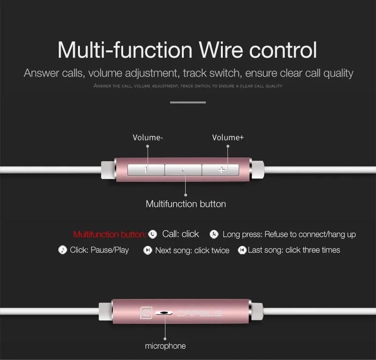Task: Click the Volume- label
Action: tap(148, 137)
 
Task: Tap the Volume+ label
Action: tap(228, 137)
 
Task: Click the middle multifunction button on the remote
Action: tap(183, 170)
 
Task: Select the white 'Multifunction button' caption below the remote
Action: tap(186, 204)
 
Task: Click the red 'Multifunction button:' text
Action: tap(110, 235)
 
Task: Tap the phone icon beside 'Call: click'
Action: tap(152, 234)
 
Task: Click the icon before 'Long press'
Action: tap(214, 234)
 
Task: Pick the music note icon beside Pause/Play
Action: tap(63, 250)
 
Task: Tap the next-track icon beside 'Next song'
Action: tap(148, 250)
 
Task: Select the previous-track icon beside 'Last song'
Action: tap(242, 250)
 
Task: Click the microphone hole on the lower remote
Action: tap(164, 313)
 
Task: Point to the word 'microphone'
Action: tap(165, 346)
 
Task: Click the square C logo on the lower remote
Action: tap(146, 313)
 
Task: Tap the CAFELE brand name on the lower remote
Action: tap(199, 313)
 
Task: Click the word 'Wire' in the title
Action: tap(221, 50)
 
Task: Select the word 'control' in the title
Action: tap(283, 50)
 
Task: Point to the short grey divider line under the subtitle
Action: tap(188, 102)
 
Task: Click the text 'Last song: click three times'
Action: tap(294, 250)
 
